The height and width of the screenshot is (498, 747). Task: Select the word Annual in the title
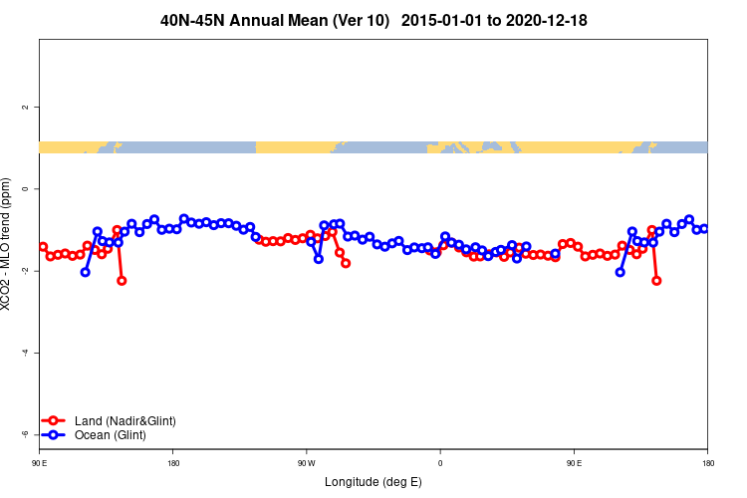click(x=262, y=20)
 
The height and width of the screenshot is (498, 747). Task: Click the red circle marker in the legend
click(x=54, y=421)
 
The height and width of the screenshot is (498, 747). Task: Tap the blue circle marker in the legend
click(x=54, y=435)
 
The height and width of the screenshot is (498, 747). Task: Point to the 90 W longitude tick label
click(x=306, y=463)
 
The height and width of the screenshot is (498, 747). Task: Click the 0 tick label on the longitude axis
click(x=440, y=463)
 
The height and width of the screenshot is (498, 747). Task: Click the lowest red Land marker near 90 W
click(x=346, y=263)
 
